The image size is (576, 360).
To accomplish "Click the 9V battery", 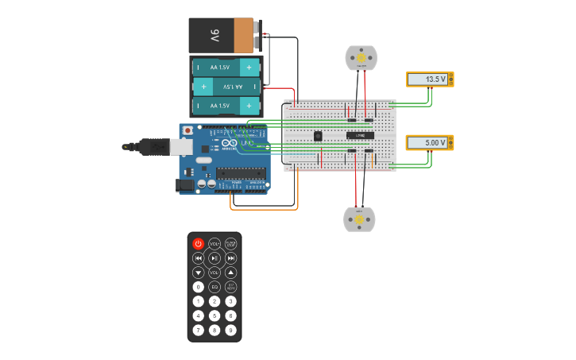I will coord(222,35).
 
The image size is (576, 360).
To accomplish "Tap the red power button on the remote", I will coord(198,244).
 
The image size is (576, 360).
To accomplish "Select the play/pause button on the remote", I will coord(215,258).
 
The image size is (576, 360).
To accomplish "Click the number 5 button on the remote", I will coord(215,315).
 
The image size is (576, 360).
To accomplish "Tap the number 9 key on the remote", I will coord(230,330).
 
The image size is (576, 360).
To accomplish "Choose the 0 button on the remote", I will coord(198,287).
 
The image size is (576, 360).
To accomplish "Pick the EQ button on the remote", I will coord(215,287).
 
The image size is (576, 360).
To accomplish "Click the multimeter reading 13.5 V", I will coord(430,79).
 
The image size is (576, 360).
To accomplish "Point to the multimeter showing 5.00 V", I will coord(430,143).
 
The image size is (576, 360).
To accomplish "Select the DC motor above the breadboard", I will coord(361,58).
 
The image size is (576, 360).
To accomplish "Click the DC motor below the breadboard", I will coord(358,219).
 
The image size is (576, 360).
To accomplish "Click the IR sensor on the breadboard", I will coord(318,137).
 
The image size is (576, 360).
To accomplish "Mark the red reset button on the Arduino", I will coord(187,130).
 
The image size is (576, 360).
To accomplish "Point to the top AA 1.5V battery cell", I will coord(226,68).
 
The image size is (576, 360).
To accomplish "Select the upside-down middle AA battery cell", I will coord(226,87).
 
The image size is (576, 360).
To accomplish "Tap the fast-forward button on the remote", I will coord(230,258).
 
